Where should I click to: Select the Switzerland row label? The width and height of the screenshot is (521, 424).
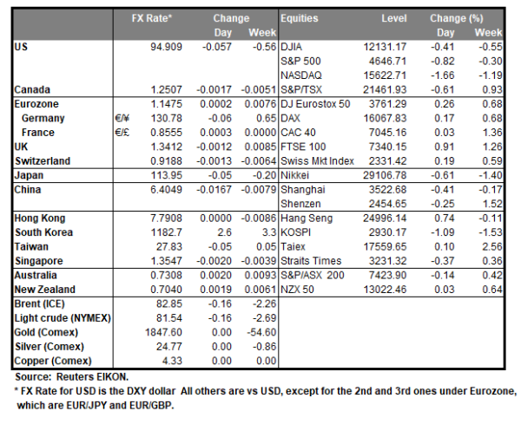coord(43,160)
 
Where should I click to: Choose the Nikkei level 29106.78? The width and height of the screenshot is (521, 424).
coord(382,174)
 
